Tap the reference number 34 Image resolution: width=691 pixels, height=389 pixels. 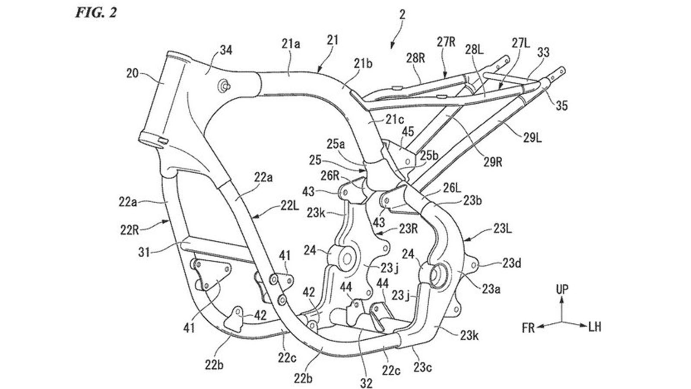(225, 51)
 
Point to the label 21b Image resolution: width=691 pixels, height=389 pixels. (363, 64)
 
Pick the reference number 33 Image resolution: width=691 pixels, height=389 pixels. (543, 53)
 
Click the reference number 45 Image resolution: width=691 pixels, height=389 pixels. (408, 131)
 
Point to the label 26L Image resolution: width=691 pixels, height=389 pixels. (452, 188)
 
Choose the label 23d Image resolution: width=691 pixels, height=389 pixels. (511, 262)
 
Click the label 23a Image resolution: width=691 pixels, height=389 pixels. (491, 289)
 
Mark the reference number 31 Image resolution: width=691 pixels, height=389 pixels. (145, 252)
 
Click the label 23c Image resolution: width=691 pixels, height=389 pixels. (424, 368)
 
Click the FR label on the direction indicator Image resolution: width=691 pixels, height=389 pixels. (528, 328)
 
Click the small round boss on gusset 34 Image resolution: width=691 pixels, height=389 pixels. (224, 85)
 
